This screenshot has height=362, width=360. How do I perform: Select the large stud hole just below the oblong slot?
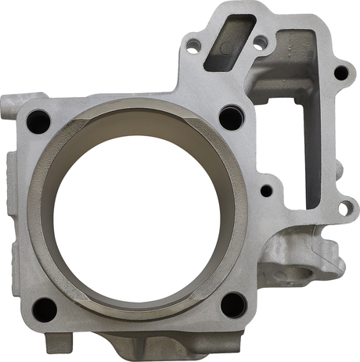(229, 118)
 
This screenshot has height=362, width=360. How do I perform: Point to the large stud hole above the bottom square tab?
(44, 309)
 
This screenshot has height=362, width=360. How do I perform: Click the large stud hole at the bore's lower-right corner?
(233, 305)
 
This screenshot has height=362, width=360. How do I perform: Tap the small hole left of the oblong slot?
(192, 48)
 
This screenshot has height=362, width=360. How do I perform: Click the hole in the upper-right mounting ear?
(340, 73)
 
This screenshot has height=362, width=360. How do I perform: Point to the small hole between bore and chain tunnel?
(266, 189)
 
